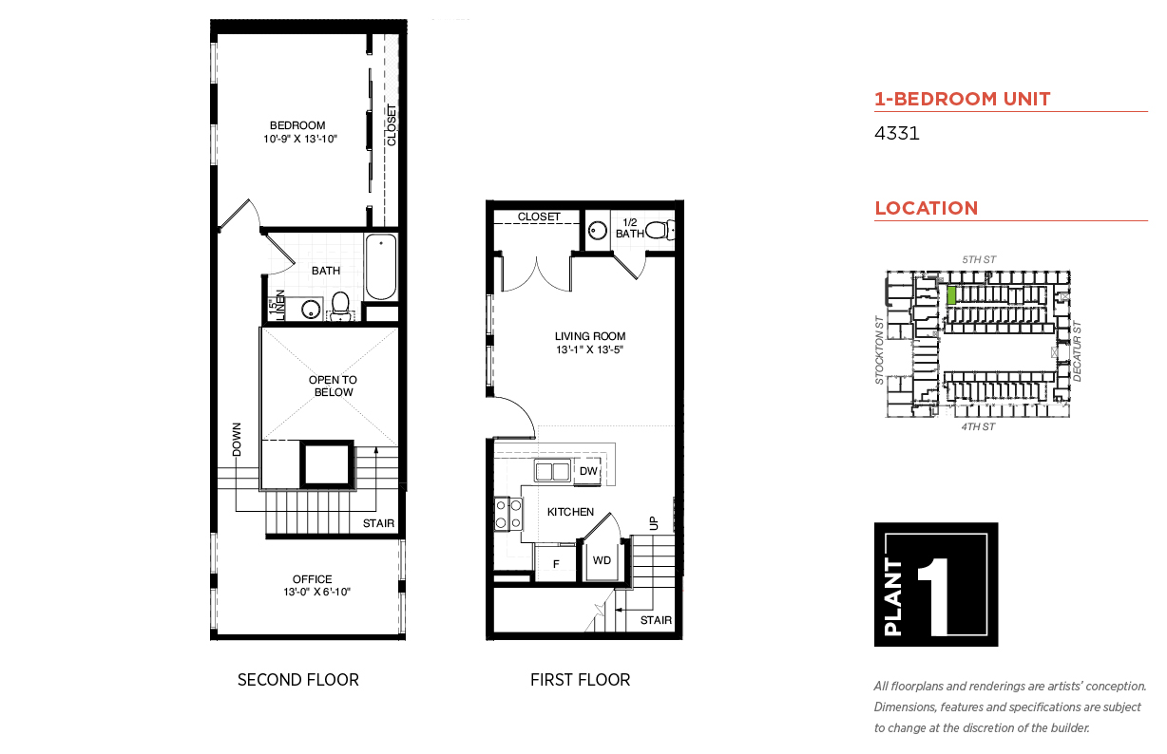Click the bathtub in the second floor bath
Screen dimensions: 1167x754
(x=380, y=267)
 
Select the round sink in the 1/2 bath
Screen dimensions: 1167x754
(x=598, y=231)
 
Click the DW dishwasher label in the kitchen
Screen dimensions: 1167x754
(x=588, y=471)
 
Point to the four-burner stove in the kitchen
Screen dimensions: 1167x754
(x=508, y=514)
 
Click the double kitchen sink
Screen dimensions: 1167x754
(x=553, y=471)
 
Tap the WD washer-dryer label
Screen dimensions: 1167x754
(x=602, y=560)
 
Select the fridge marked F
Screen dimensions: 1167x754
(x=556, y=563)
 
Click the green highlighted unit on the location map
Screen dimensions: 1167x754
(x=951, y=295)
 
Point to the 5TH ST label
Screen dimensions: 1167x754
(x=979, y=259)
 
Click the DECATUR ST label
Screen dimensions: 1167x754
(x=1077, y=351)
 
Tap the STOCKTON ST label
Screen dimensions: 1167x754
(x=879, y=349)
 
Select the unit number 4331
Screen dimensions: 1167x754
(x=896, y=133)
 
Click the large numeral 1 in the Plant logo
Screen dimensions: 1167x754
(x=935, y=596)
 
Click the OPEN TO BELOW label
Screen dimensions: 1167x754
(x=333, y=386)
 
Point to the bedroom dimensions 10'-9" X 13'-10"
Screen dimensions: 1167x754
(x=300, y=139)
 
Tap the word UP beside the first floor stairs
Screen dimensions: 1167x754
(x=654, y=523)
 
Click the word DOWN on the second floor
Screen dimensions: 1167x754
(x=237, y=440)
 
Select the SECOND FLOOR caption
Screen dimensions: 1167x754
(x=298, y=680)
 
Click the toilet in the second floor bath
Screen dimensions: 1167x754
(x=340, y=305)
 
